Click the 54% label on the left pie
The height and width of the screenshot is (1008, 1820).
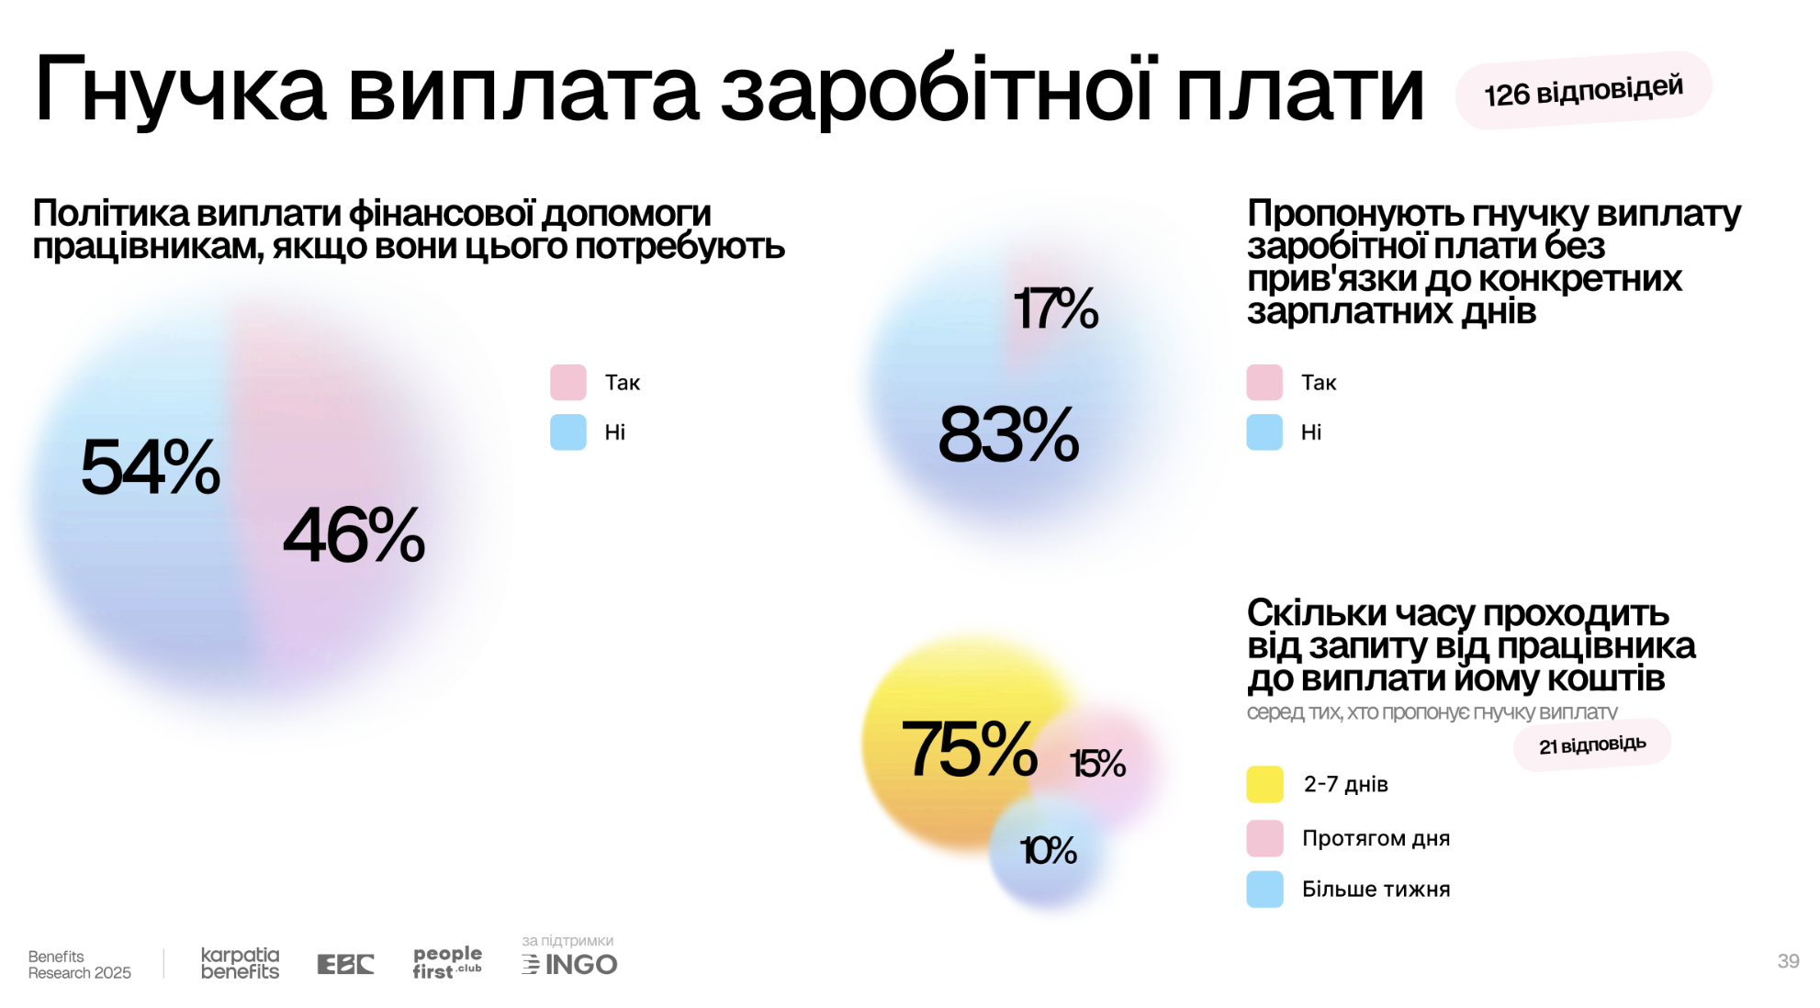151,467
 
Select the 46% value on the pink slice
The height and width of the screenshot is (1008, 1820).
354,535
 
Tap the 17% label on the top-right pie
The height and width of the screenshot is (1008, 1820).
1055,308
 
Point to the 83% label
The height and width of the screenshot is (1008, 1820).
1008,435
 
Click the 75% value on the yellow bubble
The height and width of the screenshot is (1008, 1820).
970,749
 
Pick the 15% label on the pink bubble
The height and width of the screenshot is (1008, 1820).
1097,764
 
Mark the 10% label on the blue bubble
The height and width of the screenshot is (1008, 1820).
1048,851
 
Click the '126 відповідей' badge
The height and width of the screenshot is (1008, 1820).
1583,91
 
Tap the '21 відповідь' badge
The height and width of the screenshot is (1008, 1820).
1592,745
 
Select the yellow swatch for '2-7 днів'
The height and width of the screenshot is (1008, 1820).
1264,784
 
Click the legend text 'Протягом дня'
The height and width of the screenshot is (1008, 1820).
1376,838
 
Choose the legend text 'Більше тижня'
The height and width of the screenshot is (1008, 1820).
1376,889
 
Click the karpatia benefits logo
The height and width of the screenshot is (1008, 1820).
240,963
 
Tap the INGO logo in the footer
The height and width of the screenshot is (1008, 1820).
570,964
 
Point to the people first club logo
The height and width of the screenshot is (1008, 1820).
447,962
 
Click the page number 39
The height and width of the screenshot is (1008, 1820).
1788,961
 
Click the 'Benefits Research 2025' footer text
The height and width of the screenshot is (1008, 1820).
79,964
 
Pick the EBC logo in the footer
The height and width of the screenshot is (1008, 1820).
345,964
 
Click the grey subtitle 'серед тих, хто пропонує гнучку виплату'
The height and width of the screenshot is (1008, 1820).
1432,712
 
